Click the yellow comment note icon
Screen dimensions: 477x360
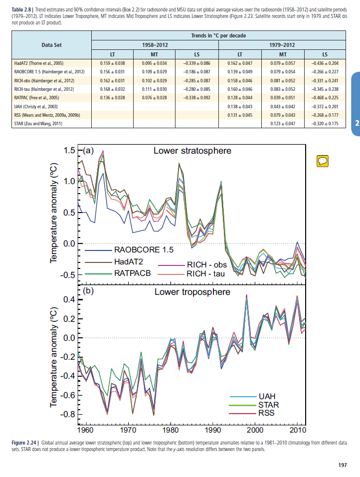point(322,161)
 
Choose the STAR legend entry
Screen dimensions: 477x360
point(269,405)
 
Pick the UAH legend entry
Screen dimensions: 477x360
point(267,396)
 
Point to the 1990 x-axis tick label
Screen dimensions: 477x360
point(213,430)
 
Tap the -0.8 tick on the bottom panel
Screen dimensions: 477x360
point(67,415)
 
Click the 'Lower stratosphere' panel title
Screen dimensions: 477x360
point(192,150)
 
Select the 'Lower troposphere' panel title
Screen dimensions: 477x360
point(192,292)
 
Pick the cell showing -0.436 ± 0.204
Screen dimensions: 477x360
point(325,63)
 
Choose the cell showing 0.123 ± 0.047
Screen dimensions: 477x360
point(282,123)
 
